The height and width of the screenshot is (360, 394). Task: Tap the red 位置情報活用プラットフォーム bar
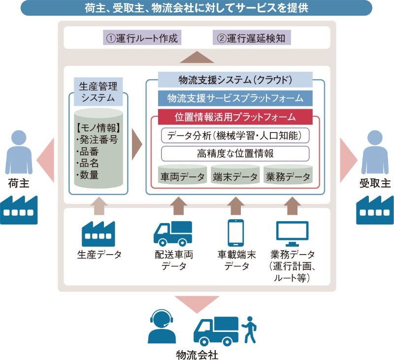[x=235, y=117]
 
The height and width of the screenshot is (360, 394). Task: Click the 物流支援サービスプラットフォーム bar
[x=235, y=98]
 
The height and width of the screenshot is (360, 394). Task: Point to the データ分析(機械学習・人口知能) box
[x=235, y=134]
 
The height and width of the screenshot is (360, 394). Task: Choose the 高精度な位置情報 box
[x=235, y=154]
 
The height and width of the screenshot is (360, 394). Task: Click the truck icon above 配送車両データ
[x=173, y=232]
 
